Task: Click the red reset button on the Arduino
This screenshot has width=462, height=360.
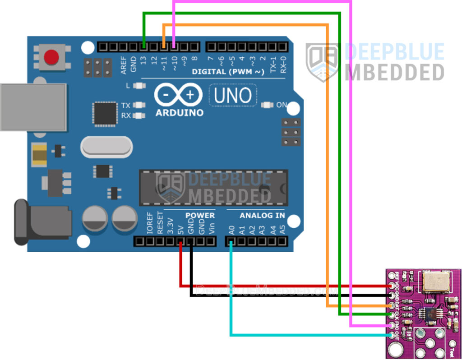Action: [x=51, y=57]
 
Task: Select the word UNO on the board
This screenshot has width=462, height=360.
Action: [x=232, y=96]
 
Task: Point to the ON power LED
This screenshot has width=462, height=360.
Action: [x=267, y=105]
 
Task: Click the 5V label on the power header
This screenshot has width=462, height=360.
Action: [x=180, y=229]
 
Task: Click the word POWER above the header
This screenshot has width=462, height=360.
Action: [x=200, y=215]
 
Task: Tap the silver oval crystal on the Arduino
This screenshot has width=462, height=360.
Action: [x=106, y=148]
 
